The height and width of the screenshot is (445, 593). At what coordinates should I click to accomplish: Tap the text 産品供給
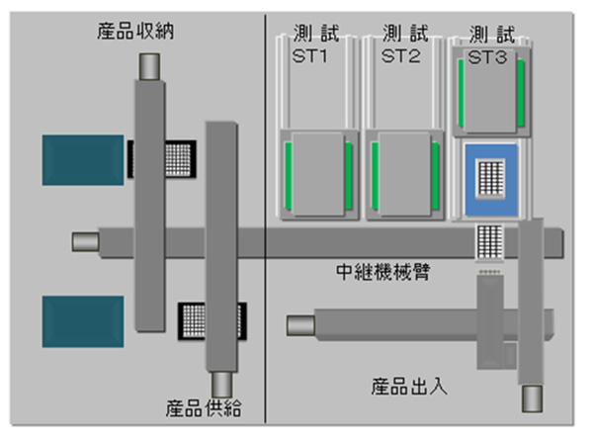pos(204,407)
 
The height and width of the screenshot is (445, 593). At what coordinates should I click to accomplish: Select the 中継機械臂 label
pos(381,271)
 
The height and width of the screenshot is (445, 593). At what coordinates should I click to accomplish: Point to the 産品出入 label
pos(408,385)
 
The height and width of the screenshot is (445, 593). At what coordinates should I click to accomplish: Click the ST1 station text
pos(309,56)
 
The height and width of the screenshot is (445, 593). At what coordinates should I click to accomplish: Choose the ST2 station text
pos(401,56)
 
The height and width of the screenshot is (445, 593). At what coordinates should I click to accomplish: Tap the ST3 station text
pos(487,58)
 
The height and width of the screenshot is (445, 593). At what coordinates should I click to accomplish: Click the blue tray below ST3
pos(491,180)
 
